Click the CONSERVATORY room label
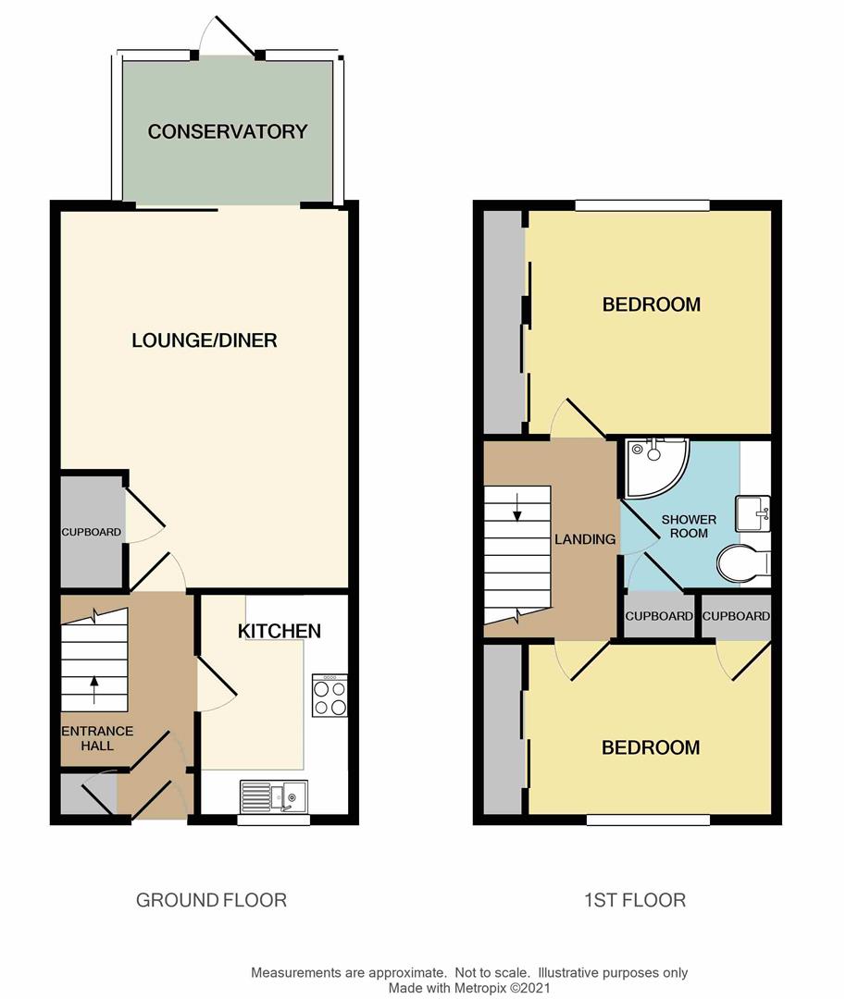(x=228, y=131)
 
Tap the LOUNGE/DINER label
(x=205, y=340)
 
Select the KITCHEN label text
(x=280, y=631)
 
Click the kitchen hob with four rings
(x=330, y=695)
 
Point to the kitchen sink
(x=274, y=795)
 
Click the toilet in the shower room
(x=744, y=563)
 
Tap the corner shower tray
(x=657, y=468)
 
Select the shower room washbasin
(x=753, y=513)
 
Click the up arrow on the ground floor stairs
(x=94, y=691)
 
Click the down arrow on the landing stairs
(x=517, y=507)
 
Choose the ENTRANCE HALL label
(x=97, y=738)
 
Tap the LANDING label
(x=585, y=539)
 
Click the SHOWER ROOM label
(x=689, y=526)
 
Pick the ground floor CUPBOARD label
(x=91, y=532)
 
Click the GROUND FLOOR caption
(x=211, y=900)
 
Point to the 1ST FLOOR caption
(x=635, y=900)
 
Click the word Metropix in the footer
(x=479, y=988)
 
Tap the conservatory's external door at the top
(x=230, y=36)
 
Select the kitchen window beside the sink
(x=273, y=820)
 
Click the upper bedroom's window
(x=642, y=205)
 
